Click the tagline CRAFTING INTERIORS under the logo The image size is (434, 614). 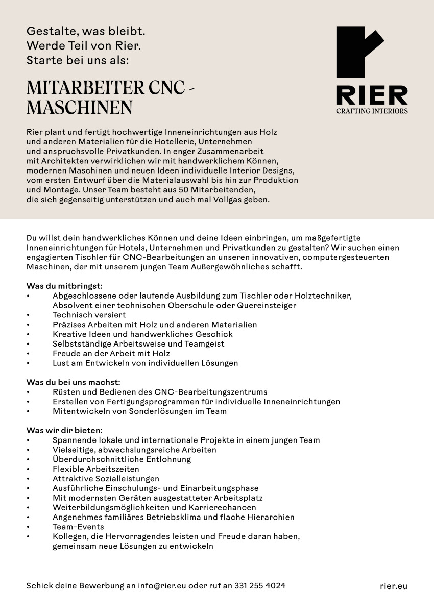pyautogui.click(x=372, y=111)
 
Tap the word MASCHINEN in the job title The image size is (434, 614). pyautogui.click(x=79, y=108)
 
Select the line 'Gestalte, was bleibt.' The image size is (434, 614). pyautogui.click(x=86, y=32)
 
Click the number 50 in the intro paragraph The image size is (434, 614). pyautogui.click(x=171, y=190)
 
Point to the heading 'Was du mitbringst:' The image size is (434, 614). pyautogui.click(x=64, y=286)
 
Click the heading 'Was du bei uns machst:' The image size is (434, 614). pyautogui.click(x=73, y=382)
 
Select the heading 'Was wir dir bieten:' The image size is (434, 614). pyautogui.click(x=64, y=430)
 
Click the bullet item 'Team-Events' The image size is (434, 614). pyautogui.click(x=78, y=526)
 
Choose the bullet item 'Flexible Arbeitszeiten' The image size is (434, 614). pyautogui.click(x=95, y=469)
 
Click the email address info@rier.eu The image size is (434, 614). pyautogui.click(x=162, y=586)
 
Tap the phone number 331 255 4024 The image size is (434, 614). pyautogui.click(x=260, y=586)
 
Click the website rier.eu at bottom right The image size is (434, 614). pyautogui.click(x=393, y=586)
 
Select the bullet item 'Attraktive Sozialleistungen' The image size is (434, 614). pyautogui.click(x=106, y=478)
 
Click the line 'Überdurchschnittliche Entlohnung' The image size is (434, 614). pyautogui.click(x=122, y=459)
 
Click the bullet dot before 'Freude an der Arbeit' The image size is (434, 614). pyautogui.click(x=29, y=354)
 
